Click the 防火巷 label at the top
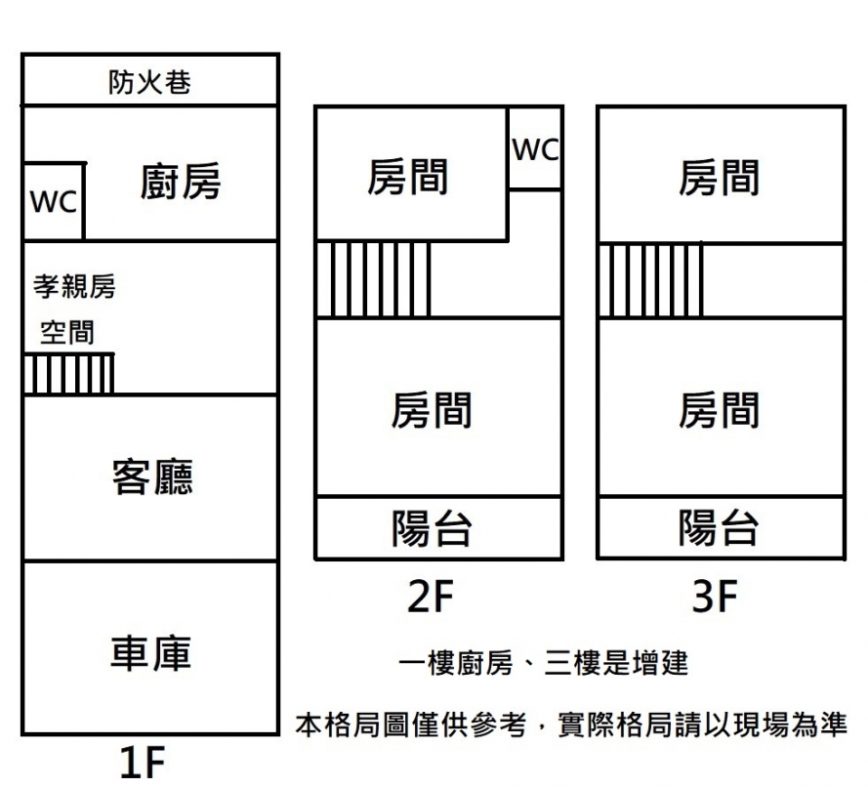click(149, 83)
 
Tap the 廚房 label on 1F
click(181, 181)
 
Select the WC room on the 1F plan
click(54, 202)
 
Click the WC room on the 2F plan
click(535, 149)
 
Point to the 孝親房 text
click(75, 286)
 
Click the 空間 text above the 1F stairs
click(67, 333)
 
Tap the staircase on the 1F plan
click(68, 374)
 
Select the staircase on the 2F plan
click(373, 279)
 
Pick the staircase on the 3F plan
click(650, 280)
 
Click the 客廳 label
click(152, 476)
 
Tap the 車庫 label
click(150, 652)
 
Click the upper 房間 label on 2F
click(408, 178)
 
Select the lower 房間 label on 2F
click(432, 409)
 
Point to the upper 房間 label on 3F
click(720, 178)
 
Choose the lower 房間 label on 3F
click(720, 409)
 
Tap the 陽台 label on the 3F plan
click(720, 528)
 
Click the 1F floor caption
click(143, 762)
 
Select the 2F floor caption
click(431, 597)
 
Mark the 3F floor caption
click(716, 597)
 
